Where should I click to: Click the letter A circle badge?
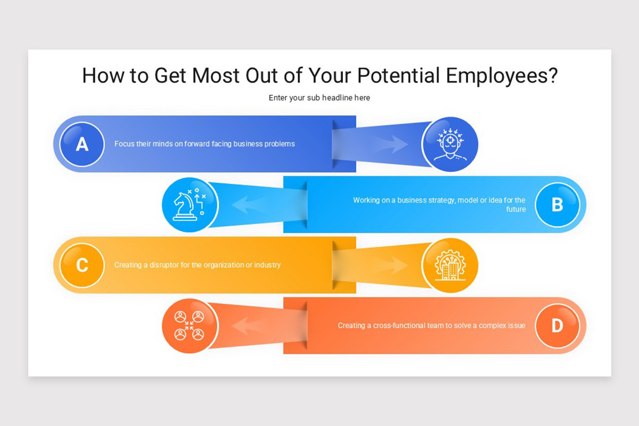tap(81, 144)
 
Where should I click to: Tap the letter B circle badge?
tap(557, 204)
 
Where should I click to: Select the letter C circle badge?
tap(81, 265)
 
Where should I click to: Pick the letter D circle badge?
tap(557, 325)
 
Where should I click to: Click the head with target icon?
tap(450, 144)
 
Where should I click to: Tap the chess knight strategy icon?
tap(190, 205)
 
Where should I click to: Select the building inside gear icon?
tap(450, 265)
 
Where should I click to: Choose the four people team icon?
tap(190, 325)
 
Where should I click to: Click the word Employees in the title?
tap(502, 76)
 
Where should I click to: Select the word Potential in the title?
tap(398, 76)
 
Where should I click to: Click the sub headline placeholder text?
tap(319, 98)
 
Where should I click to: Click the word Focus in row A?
tap(124, 144)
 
